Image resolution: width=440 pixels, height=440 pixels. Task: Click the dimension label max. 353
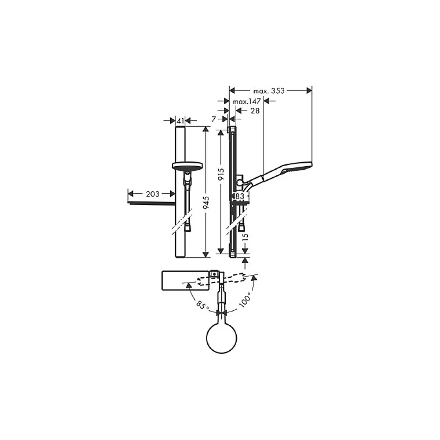269,91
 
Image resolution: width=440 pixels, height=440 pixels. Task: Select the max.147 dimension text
247,101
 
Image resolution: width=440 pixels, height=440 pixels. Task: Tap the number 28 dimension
255,111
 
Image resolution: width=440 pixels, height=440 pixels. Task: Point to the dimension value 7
213,119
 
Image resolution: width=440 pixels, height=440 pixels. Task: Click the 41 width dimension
180,121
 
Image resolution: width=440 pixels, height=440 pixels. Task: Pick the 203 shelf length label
153,194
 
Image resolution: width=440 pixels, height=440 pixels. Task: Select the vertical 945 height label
206,203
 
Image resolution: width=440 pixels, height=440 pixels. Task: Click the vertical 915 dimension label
221,174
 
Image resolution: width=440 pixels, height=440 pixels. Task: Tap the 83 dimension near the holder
240,196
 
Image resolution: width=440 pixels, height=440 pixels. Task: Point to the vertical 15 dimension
245,236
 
